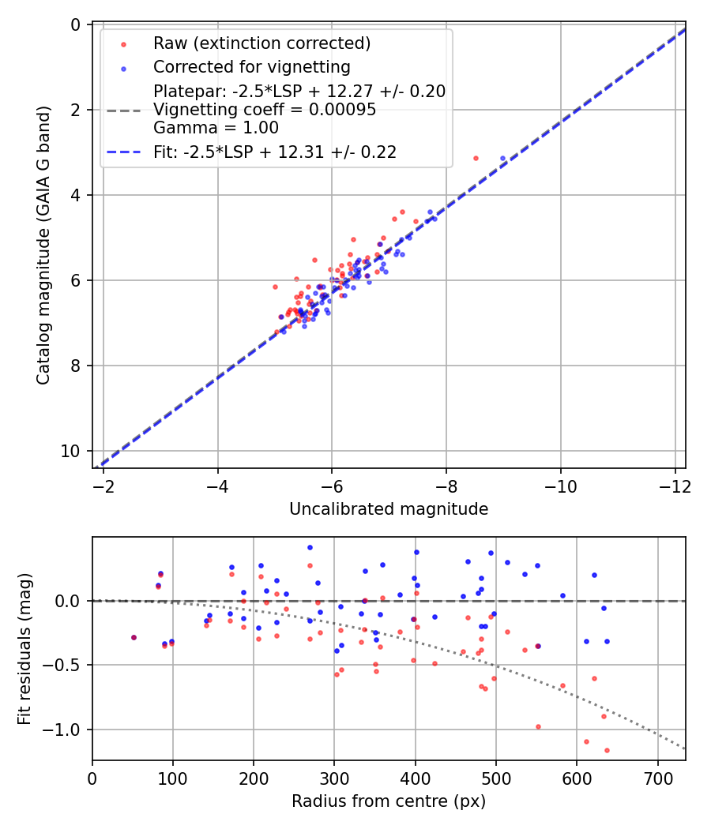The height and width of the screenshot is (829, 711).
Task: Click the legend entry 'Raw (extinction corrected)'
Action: click(x=261, y=43)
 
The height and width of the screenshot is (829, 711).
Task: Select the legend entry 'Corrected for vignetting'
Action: click(x=252, y=66)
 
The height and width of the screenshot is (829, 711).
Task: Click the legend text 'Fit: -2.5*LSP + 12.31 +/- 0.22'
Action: click(x=275, y=152)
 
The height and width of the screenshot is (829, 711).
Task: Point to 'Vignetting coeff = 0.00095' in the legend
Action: click(x=265, y=110)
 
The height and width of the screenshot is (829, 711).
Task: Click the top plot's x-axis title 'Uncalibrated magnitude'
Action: click(x=389, y=509)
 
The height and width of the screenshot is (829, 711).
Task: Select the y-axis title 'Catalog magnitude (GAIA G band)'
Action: click(x=44, y=246)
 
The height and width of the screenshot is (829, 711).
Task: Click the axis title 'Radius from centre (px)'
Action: click(x=389, y=801)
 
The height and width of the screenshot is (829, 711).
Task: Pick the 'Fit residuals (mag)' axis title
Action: click(x=25, y=648)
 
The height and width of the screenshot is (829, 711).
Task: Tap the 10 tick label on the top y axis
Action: click(x=72, y=451)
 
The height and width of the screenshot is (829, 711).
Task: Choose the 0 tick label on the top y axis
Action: click(x=76, y=24)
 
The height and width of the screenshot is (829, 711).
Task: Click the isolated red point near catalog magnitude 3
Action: click(x=476, y=158)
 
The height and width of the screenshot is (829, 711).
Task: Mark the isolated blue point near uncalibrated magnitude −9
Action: click(x=502, y=159)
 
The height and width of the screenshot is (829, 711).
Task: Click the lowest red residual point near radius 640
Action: click(x=607, y=750)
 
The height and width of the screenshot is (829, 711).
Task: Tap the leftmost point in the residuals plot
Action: click(x=134, y=637)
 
